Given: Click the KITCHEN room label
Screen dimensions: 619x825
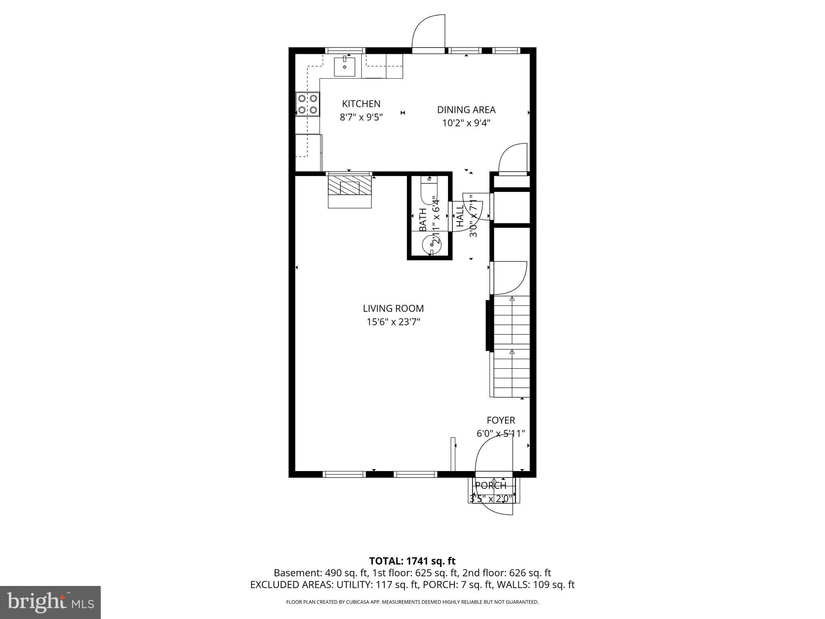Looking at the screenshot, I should [x=361, y=104].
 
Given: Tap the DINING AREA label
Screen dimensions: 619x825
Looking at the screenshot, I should [x=466, y=110].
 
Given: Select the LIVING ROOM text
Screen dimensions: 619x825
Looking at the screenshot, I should [x=393, y=308].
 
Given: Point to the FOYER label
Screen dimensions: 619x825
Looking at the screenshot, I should [x=501, y=420].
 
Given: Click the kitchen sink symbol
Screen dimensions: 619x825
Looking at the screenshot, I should [x=344, y=67].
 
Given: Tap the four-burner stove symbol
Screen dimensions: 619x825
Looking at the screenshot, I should [x=307, y=104].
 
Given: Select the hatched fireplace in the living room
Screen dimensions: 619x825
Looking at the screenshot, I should [x=349, y=187].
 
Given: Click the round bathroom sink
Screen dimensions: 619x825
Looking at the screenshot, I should [x=431, y=245].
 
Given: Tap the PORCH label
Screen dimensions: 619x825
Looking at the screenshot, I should [x=491, y=486].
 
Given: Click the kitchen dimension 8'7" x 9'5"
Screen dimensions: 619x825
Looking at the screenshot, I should [x=361, y=117].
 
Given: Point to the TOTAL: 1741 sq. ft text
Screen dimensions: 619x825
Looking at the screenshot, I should [x=412, y=561].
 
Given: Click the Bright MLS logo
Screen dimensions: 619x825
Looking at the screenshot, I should [x=50, y=602].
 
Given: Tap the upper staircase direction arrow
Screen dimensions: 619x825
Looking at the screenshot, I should [x=512, y=299].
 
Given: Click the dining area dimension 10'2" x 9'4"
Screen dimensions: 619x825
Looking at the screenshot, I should [x=466, y=123].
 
